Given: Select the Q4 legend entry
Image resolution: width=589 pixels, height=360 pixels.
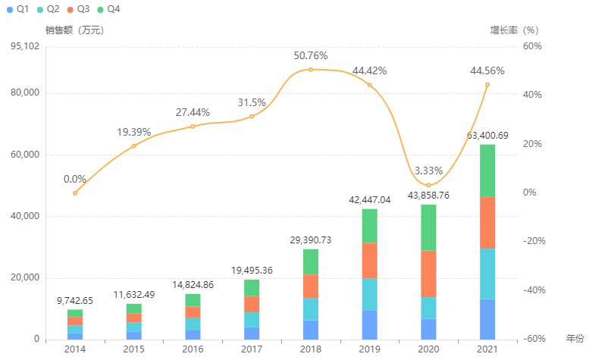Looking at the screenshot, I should (x=108, y=8).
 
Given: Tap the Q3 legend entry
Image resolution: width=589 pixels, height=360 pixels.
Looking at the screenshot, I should (x=77, y=8).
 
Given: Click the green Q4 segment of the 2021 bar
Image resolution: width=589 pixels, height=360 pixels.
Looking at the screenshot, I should (x=487, y=170).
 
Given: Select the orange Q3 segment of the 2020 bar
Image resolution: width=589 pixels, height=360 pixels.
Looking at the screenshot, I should (x=428, y=273).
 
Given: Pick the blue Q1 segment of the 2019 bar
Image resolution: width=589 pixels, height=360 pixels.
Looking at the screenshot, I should (x=369, y=324).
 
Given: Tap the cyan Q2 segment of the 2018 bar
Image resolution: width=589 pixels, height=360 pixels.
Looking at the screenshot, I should (x=311, y=308).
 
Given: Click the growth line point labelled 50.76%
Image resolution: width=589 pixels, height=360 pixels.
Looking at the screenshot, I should (x=311, y=70).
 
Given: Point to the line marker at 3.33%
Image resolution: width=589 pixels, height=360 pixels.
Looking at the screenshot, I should (x=428, y=185).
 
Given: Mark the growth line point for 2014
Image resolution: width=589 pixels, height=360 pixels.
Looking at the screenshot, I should (x=75, y=193).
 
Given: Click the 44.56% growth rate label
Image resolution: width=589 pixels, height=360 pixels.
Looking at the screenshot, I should (x=487, y=70).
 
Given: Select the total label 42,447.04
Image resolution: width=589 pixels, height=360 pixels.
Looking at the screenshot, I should (x=369, y=200).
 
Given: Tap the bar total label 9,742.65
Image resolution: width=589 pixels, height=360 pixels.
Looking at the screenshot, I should (x=75, y=301).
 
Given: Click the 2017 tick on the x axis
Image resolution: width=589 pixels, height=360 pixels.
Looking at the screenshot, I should (x=252, y=349).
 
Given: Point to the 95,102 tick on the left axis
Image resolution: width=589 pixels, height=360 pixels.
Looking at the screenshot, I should (x=27, y=47).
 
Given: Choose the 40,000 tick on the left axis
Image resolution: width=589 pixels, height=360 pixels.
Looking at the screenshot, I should (x=27, y=216).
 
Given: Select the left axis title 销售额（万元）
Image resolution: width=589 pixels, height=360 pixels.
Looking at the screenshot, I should (x=74, y=30).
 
